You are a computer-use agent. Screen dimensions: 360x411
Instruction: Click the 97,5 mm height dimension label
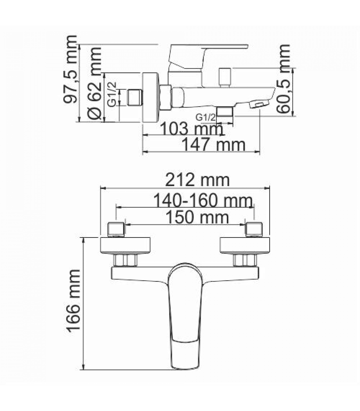point(70,69)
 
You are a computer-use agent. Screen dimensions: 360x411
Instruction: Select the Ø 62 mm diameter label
point(94,83)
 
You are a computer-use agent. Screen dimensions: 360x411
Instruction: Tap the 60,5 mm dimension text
point(283,79)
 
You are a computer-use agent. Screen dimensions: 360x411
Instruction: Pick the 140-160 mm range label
point(203,200)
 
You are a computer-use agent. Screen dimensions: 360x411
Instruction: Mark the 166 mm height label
point(74,301)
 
